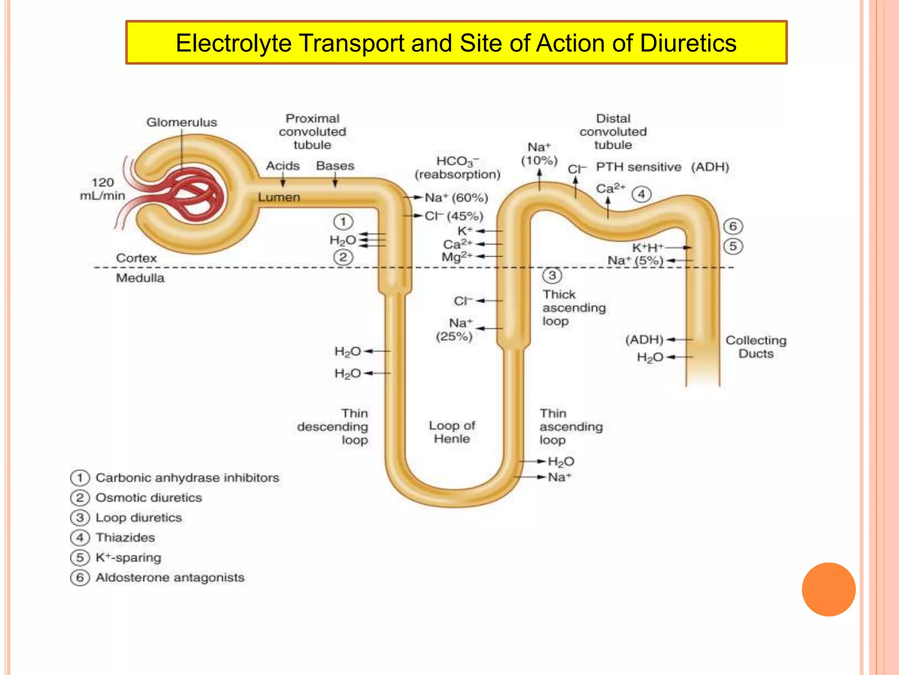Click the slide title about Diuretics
tap(456, 43)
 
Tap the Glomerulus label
tap(182, 122)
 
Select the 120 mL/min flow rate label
tap(102, 189)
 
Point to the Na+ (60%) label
tap(456, 198)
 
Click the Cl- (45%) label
tap(454, 216)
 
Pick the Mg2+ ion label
tap(457, 257)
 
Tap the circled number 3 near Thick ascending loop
tap(552, 276)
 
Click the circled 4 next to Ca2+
tap(641, 194)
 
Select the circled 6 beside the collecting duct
tap(733, 226)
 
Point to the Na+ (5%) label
tap(635, 261)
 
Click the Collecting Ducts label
tap(755, 347)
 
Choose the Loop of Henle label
tap(452, 432)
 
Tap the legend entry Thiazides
tap(125, 537)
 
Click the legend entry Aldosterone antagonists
tap(170, 577)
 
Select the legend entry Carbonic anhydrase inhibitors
tap(187, 478)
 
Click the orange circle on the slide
tap(828, 589)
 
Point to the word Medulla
tap(140, 278)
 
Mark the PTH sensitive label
tap(638, 167)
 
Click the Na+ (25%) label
tap(454, 330)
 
